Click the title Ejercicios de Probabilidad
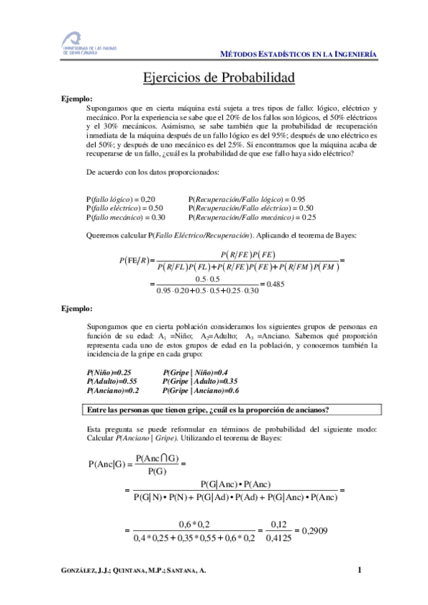(x=214, y=77)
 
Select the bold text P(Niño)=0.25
(x=109, y=372)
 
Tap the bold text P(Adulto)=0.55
(x=111, y=382)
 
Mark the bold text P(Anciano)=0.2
(x=113, y=391)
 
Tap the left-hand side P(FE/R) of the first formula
(x=134, y=260)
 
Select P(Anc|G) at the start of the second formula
(x=106, y=464)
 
